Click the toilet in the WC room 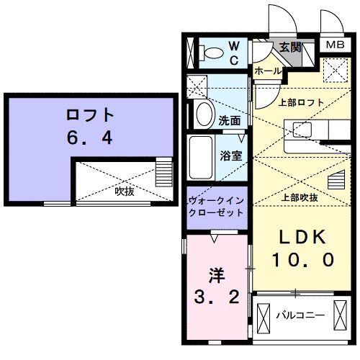(x=213, y=52)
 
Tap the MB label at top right (x=335, y=45)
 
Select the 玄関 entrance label (x=292, y=49)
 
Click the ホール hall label (x=268, y=71)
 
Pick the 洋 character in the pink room (x=216, y=275)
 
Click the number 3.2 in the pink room (x=216, y=297)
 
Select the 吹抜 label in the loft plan (x=125, y=192)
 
